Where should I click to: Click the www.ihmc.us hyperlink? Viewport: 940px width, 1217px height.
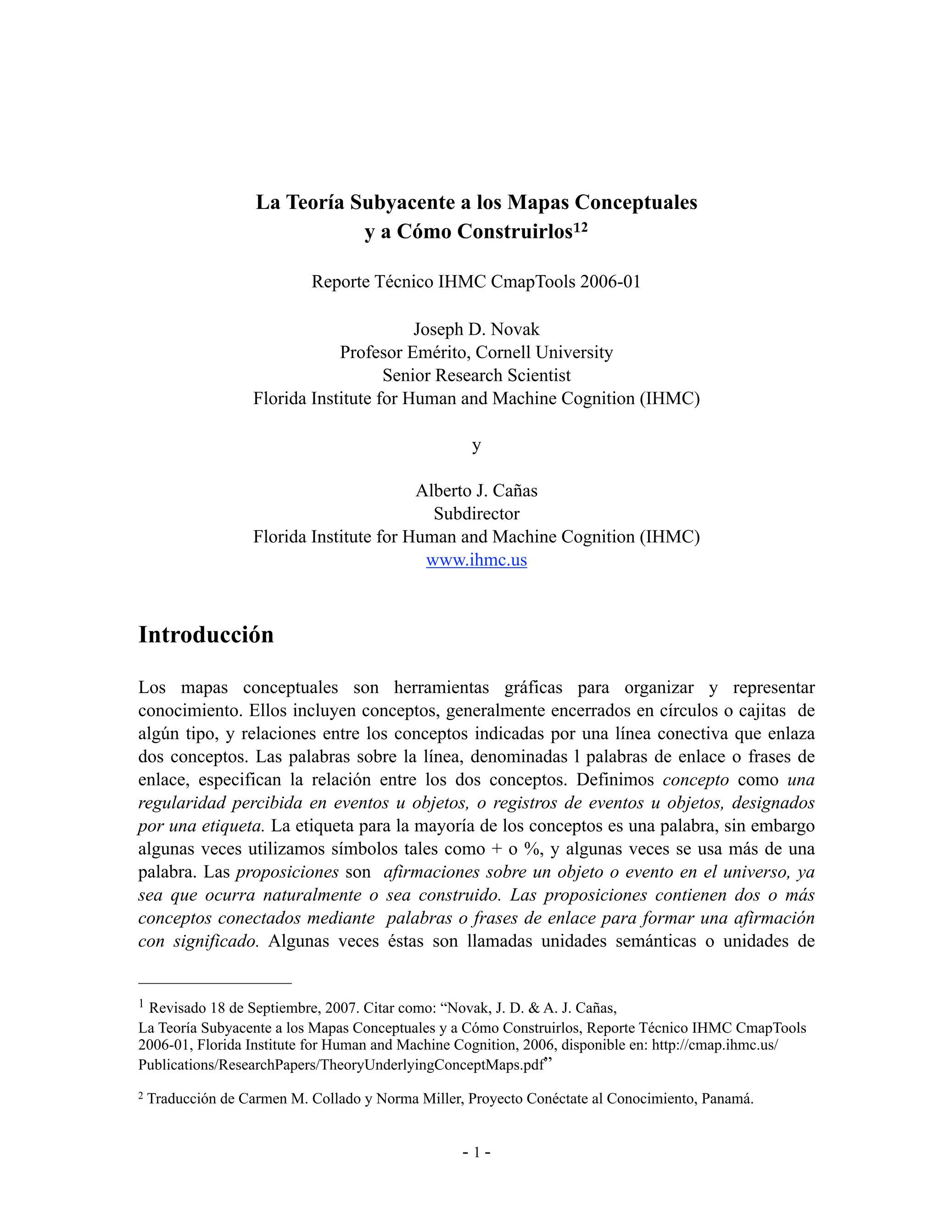476,559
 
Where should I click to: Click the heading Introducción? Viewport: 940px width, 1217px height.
206,635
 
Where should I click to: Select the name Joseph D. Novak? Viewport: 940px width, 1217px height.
476,329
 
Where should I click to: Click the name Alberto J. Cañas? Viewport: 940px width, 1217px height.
476,490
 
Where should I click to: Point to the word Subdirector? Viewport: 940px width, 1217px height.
476,513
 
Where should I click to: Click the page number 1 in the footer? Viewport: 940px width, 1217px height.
476,1152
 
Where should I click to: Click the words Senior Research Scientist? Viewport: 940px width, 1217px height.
476,375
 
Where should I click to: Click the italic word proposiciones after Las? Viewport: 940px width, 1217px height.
287,872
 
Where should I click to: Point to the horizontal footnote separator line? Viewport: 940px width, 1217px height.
215,984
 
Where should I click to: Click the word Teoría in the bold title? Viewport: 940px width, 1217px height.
315,202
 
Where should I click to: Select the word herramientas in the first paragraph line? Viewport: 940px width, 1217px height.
441,687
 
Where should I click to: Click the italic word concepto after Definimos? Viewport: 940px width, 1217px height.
695,780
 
